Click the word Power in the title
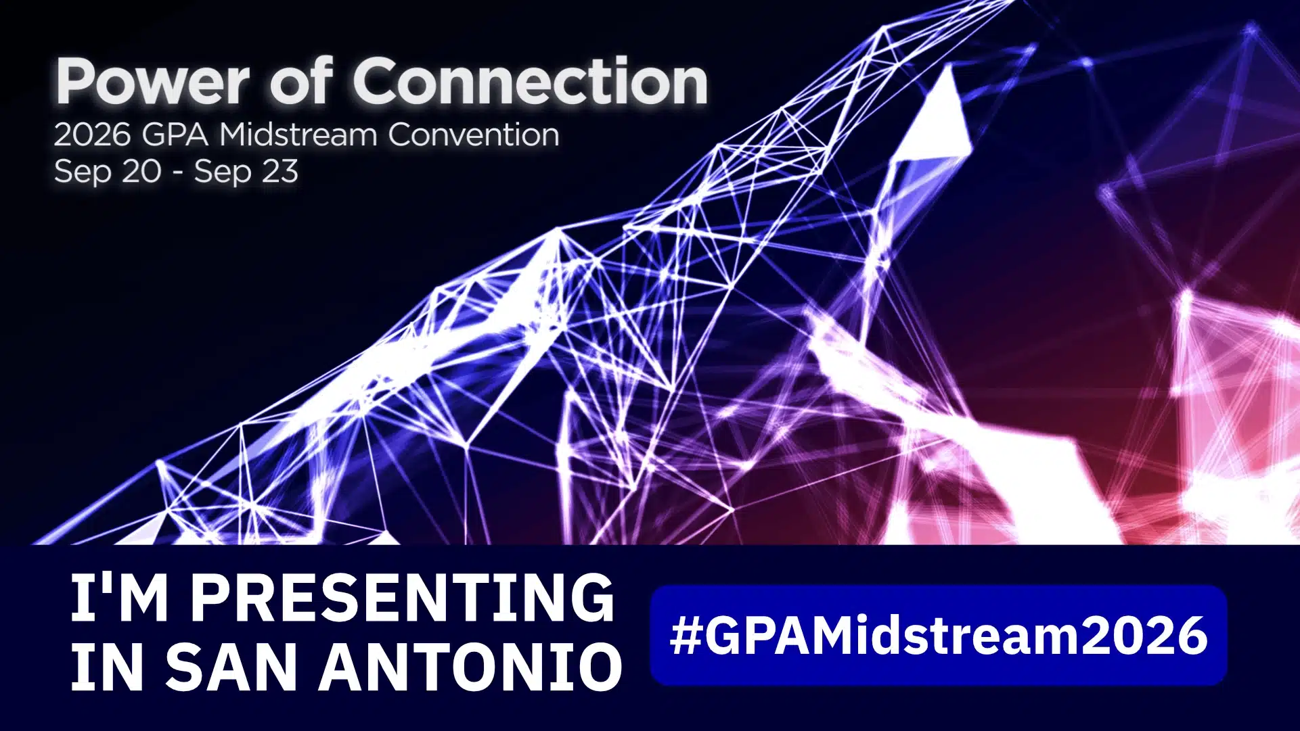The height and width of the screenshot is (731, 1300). [x=153, y=82]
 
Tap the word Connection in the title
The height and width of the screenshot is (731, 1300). [x=530, y=81]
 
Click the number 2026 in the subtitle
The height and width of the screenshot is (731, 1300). [x=92, y=135]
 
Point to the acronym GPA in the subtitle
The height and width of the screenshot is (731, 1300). [x=175, y=135]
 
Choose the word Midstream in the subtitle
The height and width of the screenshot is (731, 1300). [x=298, y=135]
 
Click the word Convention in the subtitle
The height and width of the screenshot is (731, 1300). [x=474, y=135]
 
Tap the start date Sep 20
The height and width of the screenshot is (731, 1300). [x=108, y=172]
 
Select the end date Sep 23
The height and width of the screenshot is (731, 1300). [x=246, y=172]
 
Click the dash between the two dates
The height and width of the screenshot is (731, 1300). [x=178, y=174]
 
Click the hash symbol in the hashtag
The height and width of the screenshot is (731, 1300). [x=685, y=636]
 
